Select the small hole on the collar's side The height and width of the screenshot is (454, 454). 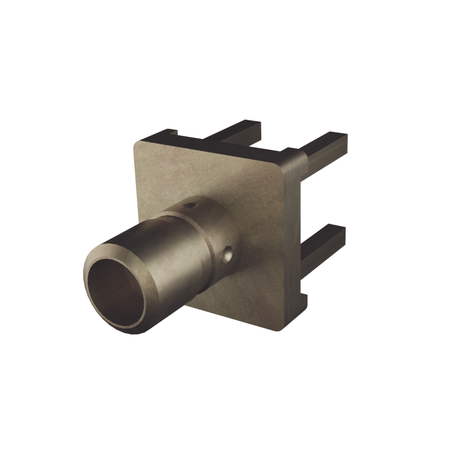(x=228, y=254)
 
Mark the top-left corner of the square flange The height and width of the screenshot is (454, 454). (x=137, y=145)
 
